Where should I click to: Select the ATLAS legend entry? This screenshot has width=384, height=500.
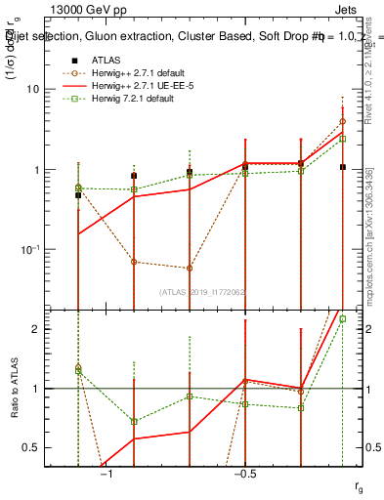pyautogui.click(x=106, y=61)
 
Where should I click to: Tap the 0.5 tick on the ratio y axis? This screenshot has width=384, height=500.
pyautogui.click(x=52, y=447)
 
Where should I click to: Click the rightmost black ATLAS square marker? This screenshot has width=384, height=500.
pyautogui.click(x=342, y=167)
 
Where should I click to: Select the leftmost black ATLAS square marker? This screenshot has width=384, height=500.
pyautogui.click(x=78, y=195)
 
